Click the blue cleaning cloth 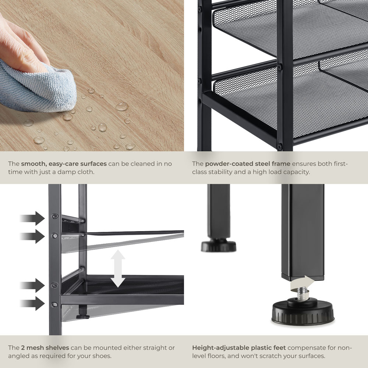coord(35,87)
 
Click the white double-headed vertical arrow coord(118,269)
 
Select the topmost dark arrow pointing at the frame coord(32,218)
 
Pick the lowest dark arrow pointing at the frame coord(32,303)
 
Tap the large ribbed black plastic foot coord(303,312)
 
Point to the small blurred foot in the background coord(219,245)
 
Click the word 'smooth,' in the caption coord(34,164)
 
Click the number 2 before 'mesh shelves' coord(23,348)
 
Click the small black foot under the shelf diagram coord(82,312)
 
